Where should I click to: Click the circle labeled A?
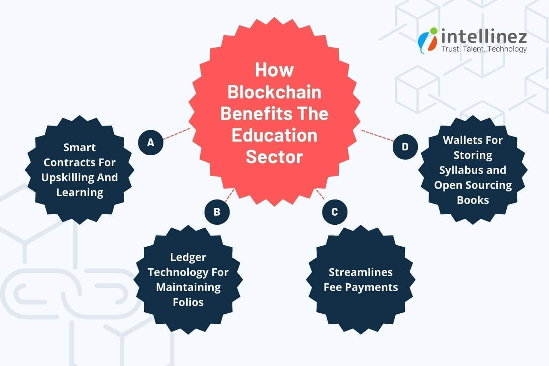point(151,143)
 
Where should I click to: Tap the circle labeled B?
point(217,212)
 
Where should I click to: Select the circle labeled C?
point(335,212)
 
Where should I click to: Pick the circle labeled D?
point(405,147)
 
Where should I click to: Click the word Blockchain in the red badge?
point(274,92)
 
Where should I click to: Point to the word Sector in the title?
point(274,157)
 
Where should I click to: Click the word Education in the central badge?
point(274,135)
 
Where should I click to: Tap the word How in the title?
point(274,70)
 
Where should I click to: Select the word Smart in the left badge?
point(79,147)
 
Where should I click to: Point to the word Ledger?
point(188,257)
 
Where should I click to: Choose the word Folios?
point(188,302)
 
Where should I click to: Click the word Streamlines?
point(361,272)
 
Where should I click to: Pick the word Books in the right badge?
point(473,200)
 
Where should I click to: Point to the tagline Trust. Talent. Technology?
point(484,49)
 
